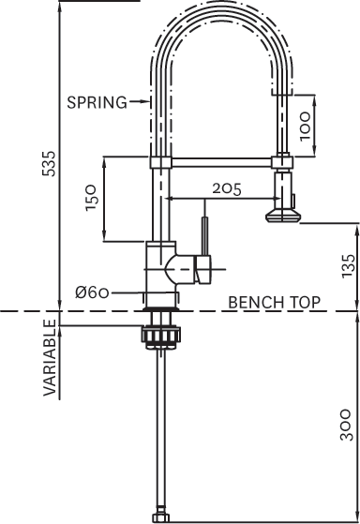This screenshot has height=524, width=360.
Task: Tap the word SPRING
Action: pyautogui.click(x=97, y=102)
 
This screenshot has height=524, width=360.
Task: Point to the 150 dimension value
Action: pyautogui.click(x=92, y=199)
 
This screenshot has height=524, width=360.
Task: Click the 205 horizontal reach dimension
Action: pyautogui.click(x=225, y=188)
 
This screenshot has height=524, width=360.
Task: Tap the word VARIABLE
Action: pyautogui.click(x=50, y=357)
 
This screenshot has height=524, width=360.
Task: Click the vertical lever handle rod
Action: pyautogui.click(x=203, y=233)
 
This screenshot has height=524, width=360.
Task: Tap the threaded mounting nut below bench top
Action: pyautogui.click(x=157, y=336)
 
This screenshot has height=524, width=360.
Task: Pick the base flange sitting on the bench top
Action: pyautogui.click(x=157, y=302)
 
